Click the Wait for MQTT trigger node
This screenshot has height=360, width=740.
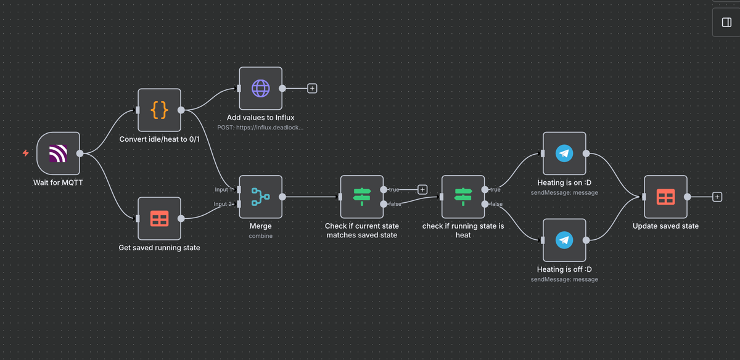point(58,153)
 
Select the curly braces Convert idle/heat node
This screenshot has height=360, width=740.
point(159,110)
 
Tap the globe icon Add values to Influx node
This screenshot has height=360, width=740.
point(260,88)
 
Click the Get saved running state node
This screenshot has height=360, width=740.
point(159,218)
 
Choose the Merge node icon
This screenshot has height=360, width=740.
point(260,197)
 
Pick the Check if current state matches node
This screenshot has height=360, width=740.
point(362,197)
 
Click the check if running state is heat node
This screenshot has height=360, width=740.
point(463,197)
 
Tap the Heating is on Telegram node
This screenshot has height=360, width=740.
point(564,153)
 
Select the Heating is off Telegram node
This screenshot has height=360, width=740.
point(564,240)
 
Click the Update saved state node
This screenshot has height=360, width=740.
point(665,197)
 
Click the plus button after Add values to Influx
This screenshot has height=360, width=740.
point(312,88)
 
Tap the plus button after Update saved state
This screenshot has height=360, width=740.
point(717,197)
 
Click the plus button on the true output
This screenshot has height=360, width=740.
point(422,189)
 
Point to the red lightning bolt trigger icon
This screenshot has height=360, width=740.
point(25,153)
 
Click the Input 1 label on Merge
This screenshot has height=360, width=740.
point(224,189)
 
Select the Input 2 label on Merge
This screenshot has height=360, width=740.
point(224,204)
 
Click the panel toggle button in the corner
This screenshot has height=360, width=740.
point(726,23)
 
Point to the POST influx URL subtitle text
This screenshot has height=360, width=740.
point(260,128)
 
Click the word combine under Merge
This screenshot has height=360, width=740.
point(260,236)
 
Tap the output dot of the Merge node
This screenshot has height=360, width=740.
point(282,197)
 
